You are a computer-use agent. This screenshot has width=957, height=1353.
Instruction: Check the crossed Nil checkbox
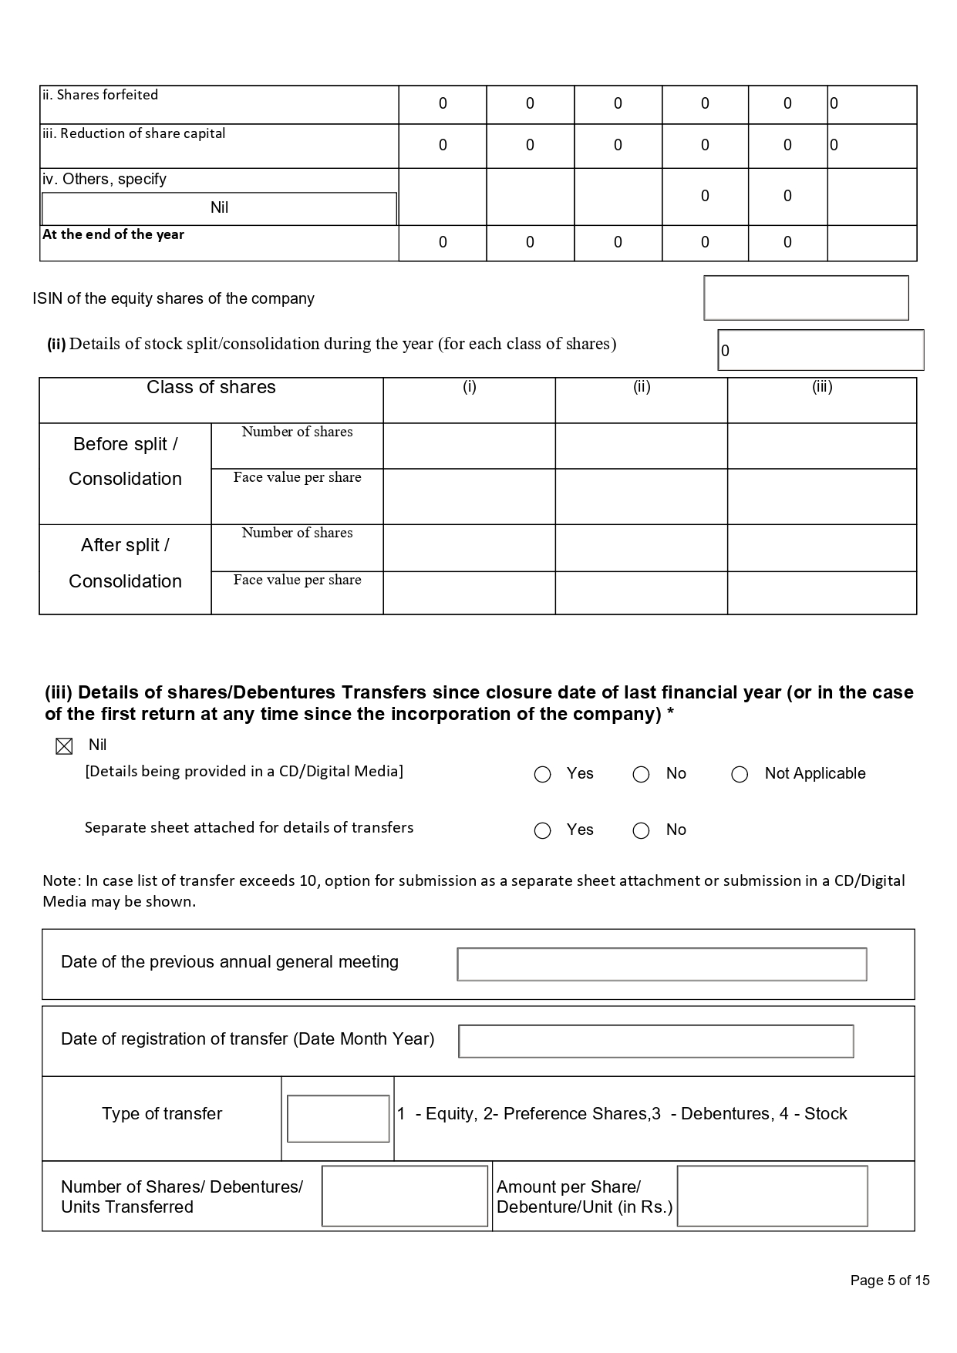click(x=64, y=746)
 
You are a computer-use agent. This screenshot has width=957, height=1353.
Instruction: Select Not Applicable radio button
click(x=740, y=774)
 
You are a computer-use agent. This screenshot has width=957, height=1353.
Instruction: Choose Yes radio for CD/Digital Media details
click(x=543, y=774)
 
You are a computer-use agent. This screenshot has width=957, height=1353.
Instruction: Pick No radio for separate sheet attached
click(x=641, y=830)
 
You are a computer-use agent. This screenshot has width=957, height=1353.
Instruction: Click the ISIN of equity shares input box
click(x=806, y=298)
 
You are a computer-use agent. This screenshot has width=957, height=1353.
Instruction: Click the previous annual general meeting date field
click(x=662, y=964)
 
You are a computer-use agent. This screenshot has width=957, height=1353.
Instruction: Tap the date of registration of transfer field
click(x=655, y=1041)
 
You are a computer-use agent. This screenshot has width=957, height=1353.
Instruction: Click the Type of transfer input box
click(x=338, y=1118)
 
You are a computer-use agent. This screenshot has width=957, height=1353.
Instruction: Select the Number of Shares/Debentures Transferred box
click(x=405, y=1196)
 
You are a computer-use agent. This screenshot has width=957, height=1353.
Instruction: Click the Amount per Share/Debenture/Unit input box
click(x=772, y=1196)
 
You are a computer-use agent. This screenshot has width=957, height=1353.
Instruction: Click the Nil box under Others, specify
click(x=219, y=208)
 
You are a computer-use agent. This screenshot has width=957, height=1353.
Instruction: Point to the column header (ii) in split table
click(x=642, y=388)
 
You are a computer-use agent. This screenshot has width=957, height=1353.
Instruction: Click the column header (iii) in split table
click(x=822, y=388)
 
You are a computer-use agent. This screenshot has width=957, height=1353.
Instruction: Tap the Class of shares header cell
click(x=211, y=388)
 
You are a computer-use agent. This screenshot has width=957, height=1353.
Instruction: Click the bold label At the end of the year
click(x=113, y=234)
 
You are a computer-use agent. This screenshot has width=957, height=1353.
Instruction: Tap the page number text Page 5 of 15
click(x=890, y=1281)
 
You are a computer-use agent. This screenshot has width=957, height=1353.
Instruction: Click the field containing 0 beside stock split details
click(x=821, y=351)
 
